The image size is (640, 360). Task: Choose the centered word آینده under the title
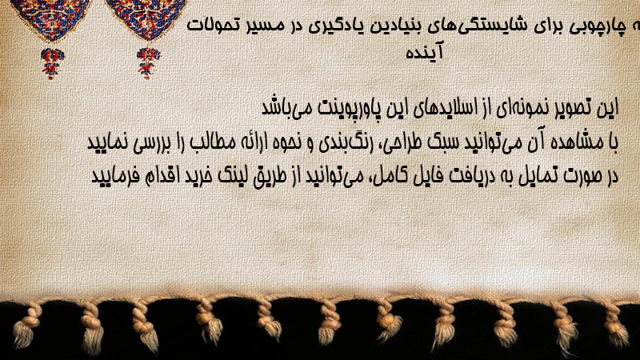(x=424, y=52)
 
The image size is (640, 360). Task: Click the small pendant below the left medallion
(x=52, y=63)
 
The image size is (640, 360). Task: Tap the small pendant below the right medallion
(x=148, y=63)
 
